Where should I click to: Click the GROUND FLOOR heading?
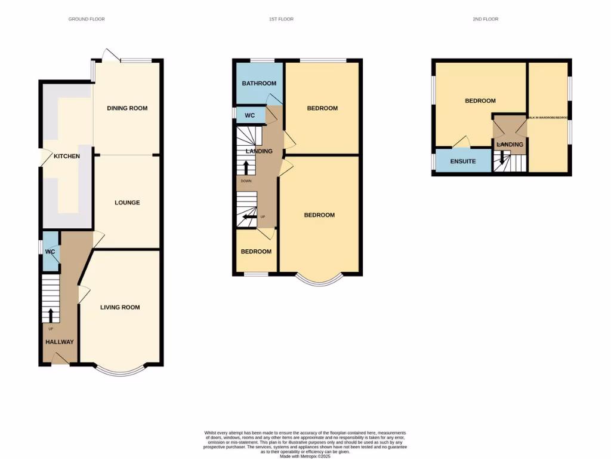tap(87, 19)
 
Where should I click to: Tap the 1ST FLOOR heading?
tap(281, 19)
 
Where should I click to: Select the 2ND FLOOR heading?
tap(485, 19)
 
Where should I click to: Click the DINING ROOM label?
tap(127, 108)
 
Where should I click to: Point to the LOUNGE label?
tap(127, 203)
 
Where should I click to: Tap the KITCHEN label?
tap(67, 156)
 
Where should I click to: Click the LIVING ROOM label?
tap(120, 307)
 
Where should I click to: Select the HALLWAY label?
tap(60, 342)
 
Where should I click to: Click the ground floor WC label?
tap(50, 252)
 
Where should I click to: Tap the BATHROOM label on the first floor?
tap(259, 84)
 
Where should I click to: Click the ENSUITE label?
tap(463, 161)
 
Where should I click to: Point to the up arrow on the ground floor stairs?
tap(50, 314)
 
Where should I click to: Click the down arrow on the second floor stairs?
tap(502, 159)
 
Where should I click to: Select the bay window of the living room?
tap(121, 371)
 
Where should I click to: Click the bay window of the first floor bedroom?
tap(319, 280)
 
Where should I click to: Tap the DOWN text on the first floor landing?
tap(246, 180)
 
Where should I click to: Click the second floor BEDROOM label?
tap(480, 101)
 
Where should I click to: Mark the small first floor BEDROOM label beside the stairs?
tap(256, 252)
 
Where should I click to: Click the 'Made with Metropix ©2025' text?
tap(305, 457)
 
